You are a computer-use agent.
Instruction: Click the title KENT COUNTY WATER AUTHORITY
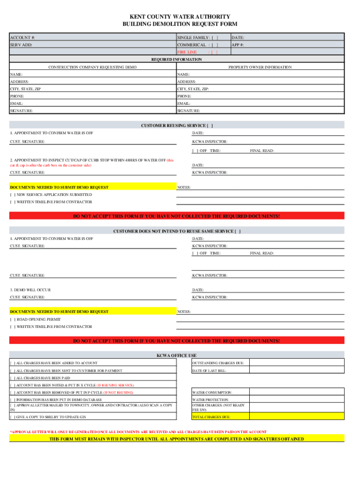pyautogui.click(x=180, y=16)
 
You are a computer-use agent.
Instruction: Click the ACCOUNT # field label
pyautogui.click(x=22, y=37)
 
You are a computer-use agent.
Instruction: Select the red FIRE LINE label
pyautogui.click(x=187, y=52)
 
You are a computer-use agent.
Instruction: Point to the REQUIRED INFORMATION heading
pyautogui.click(x=177, y=60)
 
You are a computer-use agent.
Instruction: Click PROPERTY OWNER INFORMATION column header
pyautogui.click(x=259, y=67)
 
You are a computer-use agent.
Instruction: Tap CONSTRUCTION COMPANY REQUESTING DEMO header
pyautogui.click(x=93, y=67)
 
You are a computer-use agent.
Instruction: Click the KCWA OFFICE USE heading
pyautogui.click(x=176, y=356)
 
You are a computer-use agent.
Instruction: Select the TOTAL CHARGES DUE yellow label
pyautogui.click(x=211, y=417)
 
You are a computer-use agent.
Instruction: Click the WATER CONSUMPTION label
pyautogui.click(x=212, y=392)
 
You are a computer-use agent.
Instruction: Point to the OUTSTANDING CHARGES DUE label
pyautogui.click(x=218, y=363)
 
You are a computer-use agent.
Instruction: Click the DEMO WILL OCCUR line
pyautogui.click(x=30, y=290)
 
